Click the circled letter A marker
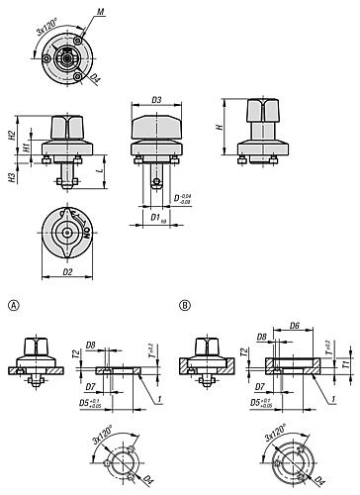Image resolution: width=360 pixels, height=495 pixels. [11, 306]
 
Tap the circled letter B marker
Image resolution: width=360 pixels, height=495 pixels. [183, 306]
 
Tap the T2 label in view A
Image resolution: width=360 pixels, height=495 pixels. [74, 353]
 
